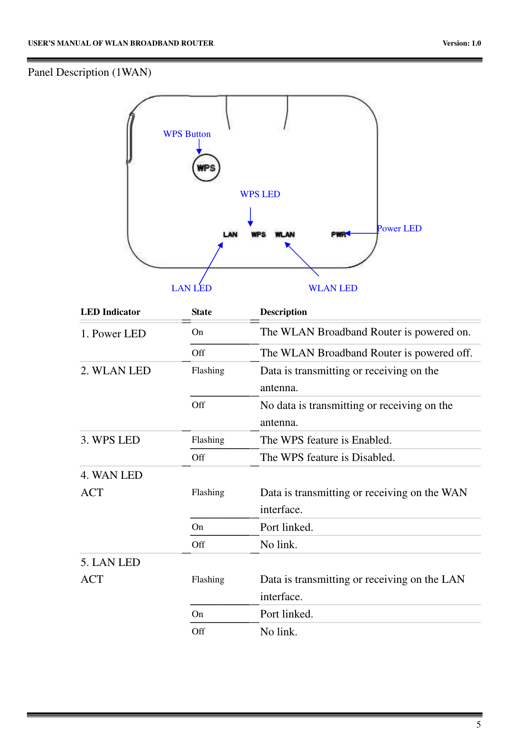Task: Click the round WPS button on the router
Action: tap(206, 168)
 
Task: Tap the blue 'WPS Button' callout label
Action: tap(187, 134)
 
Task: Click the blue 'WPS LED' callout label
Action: tap(260, 194)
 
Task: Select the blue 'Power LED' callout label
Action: tap(400, 229)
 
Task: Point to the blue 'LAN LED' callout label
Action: tap(192, 288)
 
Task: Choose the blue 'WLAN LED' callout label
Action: tap(333, 288)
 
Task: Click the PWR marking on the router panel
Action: tap(338, 235)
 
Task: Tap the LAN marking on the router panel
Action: tap(230, 235)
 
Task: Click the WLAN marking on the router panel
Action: tap(285, 235)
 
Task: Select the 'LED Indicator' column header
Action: tap(110, 312)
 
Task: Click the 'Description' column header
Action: tap(283, 312)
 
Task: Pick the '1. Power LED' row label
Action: tap(113, 334)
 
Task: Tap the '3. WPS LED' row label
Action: tap(110, 440)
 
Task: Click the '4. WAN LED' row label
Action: tap(112, 476)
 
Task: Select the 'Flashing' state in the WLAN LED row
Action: tap(208, 371)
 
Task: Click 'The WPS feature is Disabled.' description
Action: tap(327, 458)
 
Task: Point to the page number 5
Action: tap(478, 725)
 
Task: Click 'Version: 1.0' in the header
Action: tap(462, 43)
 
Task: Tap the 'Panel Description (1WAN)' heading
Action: tap(89, 73)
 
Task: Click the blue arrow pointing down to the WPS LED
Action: tap(250, 217)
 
